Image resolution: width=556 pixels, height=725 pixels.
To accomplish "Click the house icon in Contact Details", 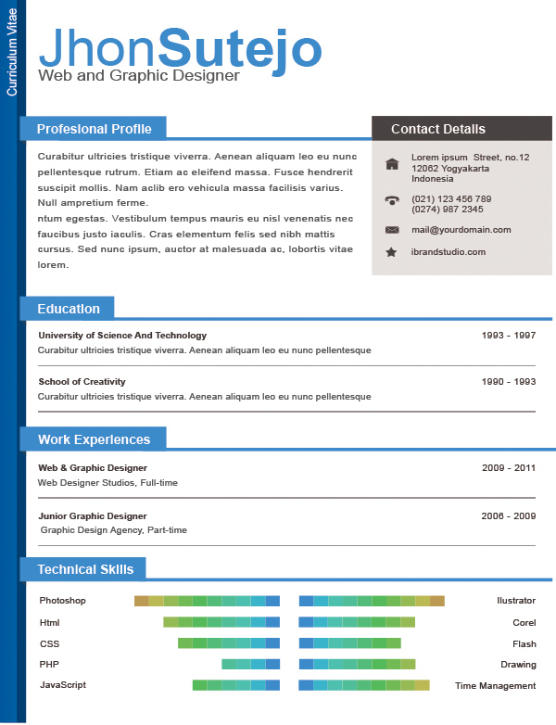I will click(392, 164).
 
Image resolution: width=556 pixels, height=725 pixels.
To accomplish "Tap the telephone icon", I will click(392, 199).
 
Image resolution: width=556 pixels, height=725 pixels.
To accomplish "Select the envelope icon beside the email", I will click(392, 229).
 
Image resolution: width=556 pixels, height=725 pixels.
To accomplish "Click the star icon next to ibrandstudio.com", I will click(392, 252).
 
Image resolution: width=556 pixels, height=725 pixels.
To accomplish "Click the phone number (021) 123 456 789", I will click(451, 198).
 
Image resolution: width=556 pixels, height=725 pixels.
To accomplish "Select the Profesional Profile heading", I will click(94, 129).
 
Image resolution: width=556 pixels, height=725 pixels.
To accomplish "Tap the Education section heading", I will click(68, 309).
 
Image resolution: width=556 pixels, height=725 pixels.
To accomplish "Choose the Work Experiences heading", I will click(94, 439).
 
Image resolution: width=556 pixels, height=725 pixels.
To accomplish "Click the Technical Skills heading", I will click(85, 569).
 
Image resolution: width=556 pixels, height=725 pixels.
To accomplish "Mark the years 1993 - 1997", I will click(509, 335).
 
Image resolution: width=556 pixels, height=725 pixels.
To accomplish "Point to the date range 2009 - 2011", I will click(509, 467).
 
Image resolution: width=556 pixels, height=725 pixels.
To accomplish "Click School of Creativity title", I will click(82, 381).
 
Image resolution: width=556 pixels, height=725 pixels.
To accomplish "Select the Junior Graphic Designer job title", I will click(93, 515).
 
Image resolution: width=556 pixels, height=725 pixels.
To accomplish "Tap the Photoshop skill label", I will click(62, 601).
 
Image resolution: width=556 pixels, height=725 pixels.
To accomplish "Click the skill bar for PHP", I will click(250, 664).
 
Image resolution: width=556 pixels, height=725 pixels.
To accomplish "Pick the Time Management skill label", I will click(495, 686).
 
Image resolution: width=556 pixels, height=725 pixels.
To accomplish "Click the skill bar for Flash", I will click(349, 642).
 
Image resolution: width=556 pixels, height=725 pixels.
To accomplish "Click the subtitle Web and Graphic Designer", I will click(139, 75).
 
